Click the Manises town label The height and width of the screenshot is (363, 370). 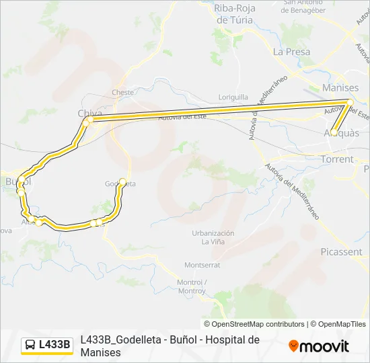pos(340,88)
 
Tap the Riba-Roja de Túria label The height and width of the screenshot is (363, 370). pos(233,14)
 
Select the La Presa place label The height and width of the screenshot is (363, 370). pos(292,52)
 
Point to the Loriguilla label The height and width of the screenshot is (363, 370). pos(235,97)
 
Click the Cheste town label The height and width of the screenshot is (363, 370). pos(123,93)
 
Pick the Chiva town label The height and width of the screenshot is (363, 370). pos(90,112)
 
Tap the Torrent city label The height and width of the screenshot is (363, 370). pos(337,159)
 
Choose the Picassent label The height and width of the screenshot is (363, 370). pos(341,252)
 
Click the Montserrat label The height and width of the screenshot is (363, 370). pos(202,265)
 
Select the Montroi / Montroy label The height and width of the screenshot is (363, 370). pos(191,286)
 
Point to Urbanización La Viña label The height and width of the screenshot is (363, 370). pos(213,237)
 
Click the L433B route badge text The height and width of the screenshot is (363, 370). pos(54,345)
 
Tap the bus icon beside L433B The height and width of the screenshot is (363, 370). pos(31,345)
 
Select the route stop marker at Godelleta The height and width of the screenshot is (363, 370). pos(122,181)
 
